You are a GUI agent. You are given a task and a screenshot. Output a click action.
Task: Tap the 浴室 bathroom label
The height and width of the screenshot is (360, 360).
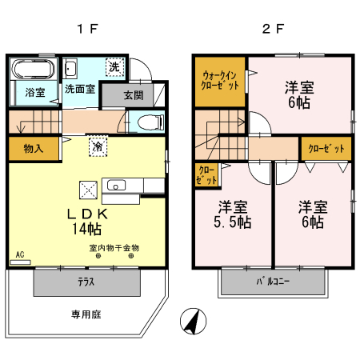34,91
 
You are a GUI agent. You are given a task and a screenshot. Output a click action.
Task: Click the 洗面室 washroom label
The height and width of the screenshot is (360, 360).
79,90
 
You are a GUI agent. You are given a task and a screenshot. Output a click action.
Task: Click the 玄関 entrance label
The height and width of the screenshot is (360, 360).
134,95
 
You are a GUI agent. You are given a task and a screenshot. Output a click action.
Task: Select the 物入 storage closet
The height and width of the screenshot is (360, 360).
34,149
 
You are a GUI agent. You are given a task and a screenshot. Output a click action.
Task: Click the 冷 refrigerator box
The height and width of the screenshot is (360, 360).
97,147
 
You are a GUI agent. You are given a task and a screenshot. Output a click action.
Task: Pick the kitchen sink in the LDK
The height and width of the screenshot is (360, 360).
114,186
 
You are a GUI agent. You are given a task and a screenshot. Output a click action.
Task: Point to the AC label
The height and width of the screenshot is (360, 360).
19,255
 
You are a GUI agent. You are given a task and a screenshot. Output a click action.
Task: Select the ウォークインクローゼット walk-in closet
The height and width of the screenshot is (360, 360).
219,81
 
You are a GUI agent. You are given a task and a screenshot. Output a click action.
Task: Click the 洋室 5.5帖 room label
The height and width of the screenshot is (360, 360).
230,214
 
